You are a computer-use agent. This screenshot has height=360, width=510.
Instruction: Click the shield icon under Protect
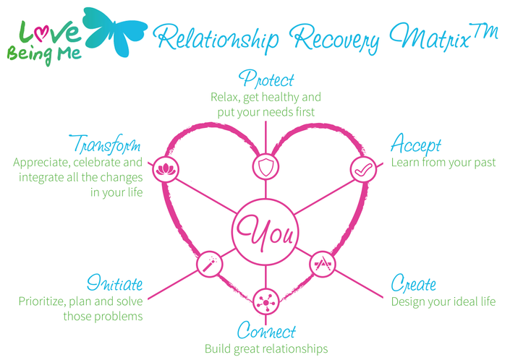tap(265, 167)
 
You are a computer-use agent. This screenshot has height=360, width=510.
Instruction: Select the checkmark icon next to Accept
tap(363, 170)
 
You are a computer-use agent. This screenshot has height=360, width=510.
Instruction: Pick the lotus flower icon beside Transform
tap(166, 169)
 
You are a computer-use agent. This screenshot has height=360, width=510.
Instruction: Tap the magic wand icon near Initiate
tap(210, 264)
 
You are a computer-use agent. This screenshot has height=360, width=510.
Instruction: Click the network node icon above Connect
tap(265, 302)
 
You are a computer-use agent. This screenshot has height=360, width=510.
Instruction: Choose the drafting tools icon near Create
tap(323, 264)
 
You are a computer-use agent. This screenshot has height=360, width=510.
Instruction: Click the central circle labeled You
tap(265, 232)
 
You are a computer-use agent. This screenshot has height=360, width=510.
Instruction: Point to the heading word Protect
tap(266, 79)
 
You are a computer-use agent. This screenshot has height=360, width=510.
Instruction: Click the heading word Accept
tap(416, 145)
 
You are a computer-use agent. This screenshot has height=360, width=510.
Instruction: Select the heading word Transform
tap(105, 145)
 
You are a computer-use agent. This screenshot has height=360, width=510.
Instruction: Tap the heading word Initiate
tap(115, 283)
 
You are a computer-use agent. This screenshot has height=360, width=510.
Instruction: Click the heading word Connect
tap(266, 330)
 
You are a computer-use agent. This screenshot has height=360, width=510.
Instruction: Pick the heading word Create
tap(413, 283)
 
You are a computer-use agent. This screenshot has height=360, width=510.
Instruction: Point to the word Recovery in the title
tap(334, 38)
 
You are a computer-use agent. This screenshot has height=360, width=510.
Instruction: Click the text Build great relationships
tap(266, 348)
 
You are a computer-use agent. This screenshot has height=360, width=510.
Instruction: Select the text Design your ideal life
tap(443, 301)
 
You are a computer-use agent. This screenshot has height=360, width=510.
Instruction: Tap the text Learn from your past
tap(443, 163)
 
